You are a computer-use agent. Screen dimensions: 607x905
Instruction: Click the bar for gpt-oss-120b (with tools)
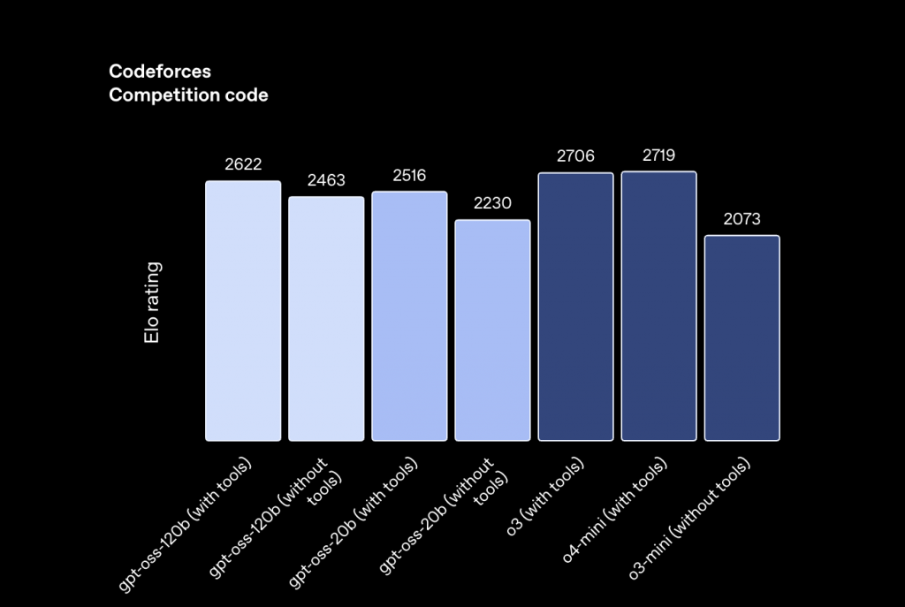pos(243,311)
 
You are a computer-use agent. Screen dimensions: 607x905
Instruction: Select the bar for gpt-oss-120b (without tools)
pos(326,318)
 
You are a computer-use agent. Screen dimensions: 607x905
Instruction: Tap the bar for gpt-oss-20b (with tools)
pos(409,315)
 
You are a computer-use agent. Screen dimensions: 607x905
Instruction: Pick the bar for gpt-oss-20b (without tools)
pos(492,330)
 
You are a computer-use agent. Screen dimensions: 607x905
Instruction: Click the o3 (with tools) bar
pos(575,307)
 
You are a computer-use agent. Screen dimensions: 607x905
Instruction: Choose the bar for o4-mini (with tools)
pos(658,306)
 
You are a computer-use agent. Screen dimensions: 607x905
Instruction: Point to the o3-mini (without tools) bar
pos(741,338)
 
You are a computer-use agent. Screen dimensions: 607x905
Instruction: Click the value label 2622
pos(243,164)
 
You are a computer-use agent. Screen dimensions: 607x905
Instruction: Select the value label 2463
pos(326,180)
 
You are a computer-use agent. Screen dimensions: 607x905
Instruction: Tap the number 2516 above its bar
pos(409,175)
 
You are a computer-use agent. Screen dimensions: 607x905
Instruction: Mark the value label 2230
pos(492,203)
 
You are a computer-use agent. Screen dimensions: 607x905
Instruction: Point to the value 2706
pos(575,156)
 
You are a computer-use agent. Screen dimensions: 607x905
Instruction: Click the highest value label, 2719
pos(658,156)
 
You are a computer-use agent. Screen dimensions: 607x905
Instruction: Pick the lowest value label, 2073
pos(741,219)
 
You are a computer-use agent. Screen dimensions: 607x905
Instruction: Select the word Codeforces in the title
pos(159,72)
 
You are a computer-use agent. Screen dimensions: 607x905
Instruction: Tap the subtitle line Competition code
pos(188,95)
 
